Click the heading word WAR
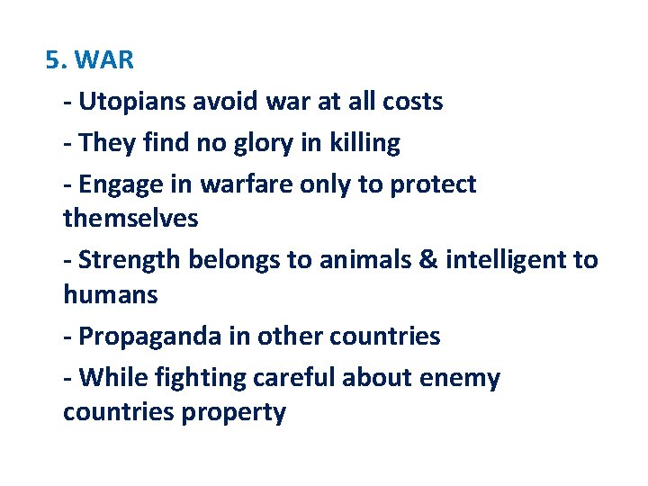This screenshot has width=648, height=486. click(105, 61)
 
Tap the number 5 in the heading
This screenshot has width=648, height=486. click(53, 61)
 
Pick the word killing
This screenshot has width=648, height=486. click(364, 143)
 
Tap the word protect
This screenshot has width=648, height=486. click(433, 184)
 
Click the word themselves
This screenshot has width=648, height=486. click(130, 219)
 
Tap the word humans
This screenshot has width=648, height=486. click(110, 294)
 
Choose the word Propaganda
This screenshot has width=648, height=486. click(150, 337)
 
